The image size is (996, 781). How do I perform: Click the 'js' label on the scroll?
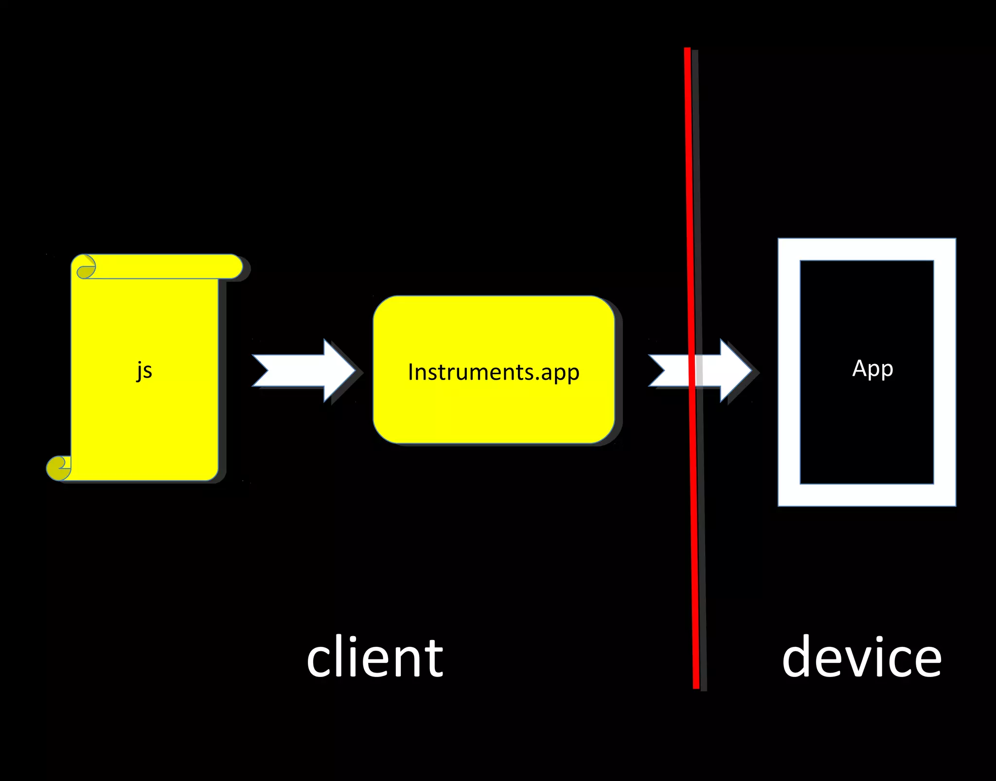(x=144, y=371)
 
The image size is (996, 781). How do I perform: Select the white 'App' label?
(x=872, y=369)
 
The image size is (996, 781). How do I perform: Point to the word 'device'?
(x=861, y=658)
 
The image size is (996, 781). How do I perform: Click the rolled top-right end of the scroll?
(x=233, y=267)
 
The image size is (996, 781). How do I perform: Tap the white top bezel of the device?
(x=867, y=249)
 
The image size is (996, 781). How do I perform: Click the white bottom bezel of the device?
(x=867, y=495)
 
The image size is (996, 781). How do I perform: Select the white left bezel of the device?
(x=789, y=372)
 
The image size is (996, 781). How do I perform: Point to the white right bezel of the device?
(x=944, y=372)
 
